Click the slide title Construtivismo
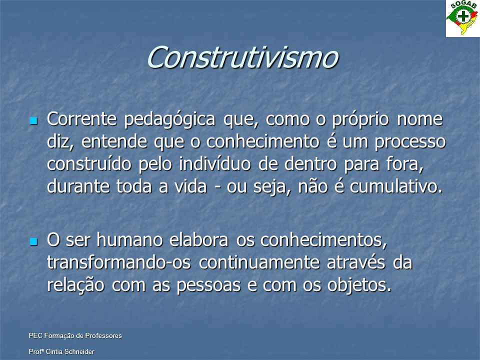point(242,57)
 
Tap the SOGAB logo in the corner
point(463,18)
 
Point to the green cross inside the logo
point(463,15)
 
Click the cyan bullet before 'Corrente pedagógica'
point(33,120)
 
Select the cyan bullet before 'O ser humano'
point(33,242)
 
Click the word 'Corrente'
point(81,119)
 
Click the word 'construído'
point(89,164)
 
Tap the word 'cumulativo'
point(394,186)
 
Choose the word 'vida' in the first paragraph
point(190,186)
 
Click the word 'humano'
point(129,239)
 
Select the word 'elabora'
point(199,239)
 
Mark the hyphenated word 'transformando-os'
point(119,262)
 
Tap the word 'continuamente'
point(259,262)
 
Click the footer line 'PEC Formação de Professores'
point(75,336)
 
